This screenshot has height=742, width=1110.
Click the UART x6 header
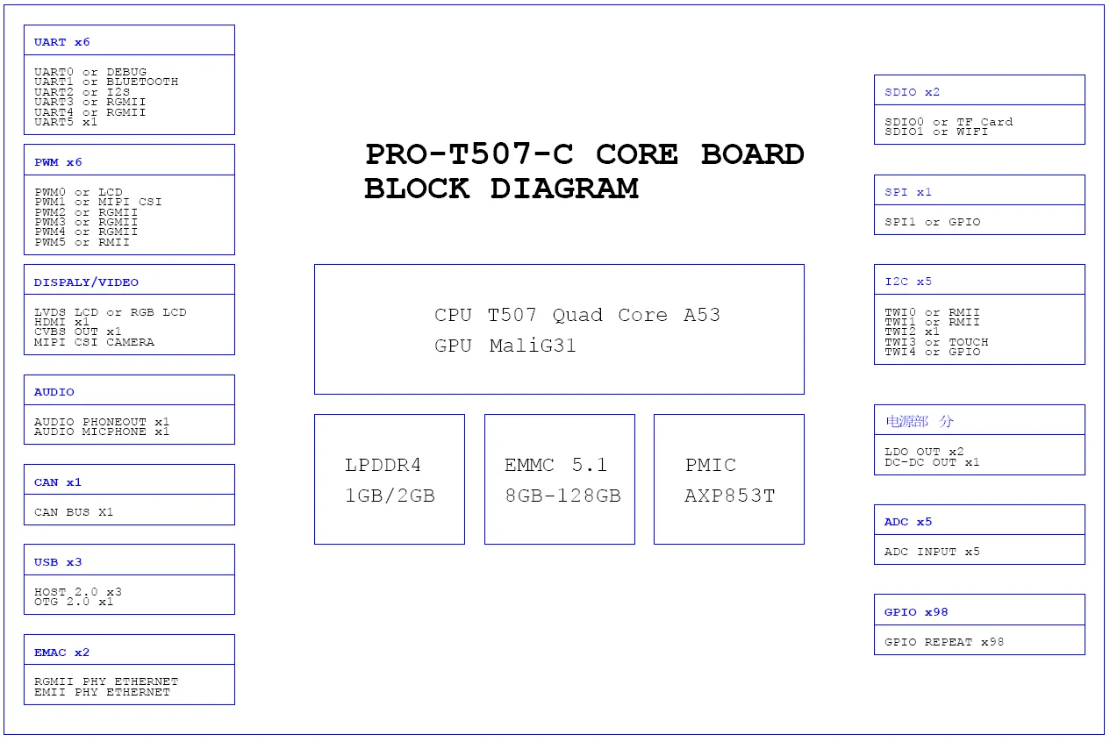coord(62,42)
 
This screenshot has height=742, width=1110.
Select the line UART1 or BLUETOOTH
coord(106,82)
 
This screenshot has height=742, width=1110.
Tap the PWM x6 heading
coord(58,162)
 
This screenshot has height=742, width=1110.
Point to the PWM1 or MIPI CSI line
coord(98,202)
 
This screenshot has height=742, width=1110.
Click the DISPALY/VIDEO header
coord(86,282)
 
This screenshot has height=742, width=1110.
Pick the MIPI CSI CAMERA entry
coord(94,342)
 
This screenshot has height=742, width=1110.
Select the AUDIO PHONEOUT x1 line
coord(102,422)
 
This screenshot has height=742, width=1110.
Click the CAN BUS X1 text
coord(74,512)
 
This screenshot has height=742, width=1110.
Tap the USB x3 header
coord(58,562)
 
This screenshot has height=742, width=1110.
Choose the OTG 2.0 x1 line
coord(74,602)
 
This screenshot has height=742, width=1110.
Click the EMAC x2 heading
coord(62,653)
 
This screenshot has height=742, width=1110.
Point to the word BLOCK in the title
coord(417,189)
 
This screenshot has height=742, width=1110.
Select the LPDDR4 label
coord(383,465)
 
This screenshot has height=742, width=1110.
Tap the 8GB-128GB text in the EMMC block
coord(563,496)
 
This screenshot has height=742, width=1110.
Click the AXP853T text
coord(730,496)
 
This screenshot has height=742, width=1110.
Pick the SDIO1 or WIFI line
coord(936,132)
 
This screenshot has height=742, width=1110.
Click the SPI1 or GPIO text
coord(933,222)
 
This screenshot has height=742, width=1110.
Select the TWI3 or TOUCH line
coord(936,342)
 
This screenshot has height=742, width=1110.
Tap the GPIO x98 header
coord(916,612)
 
